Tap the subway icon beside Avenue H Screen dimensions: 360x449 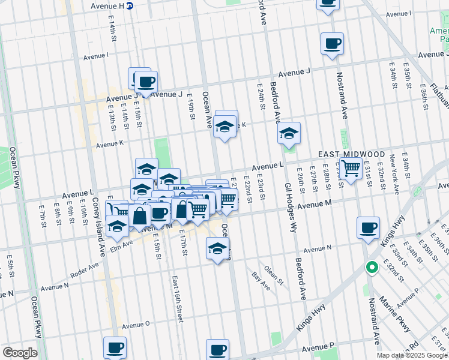[x=130, y=5]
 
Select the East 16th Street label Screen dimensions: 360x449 [x=177, y=299]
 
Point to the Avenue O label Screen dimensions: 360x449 [x=135, y=325]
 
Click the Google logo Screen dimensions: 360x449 [x=20, y=353]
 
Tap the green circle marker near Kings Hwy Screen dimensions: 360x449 [x=372, y=268]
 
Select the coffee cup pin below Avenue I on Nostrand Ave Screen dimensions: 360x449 [x=332, y=43]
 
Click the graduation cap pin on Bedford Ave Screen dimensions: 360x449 [x=289, y=133]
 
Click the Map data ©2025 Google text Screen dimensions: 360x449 [x=412, y=355]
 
